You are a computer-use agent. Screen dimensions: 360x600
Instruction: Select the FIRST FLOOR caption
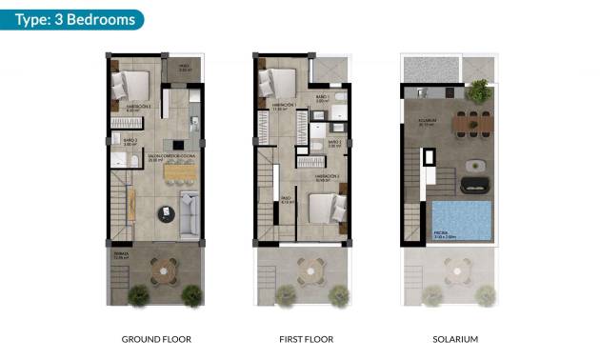(303, 339)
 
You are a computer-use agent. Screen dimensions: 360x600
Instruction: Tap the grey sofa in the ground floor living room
(190, 213)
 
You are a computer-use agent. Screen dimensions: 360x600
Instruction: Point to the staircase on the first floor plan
(267, 214)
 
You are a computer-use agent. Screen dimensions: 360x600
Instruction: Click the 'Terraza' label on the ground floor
(121, 254)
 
